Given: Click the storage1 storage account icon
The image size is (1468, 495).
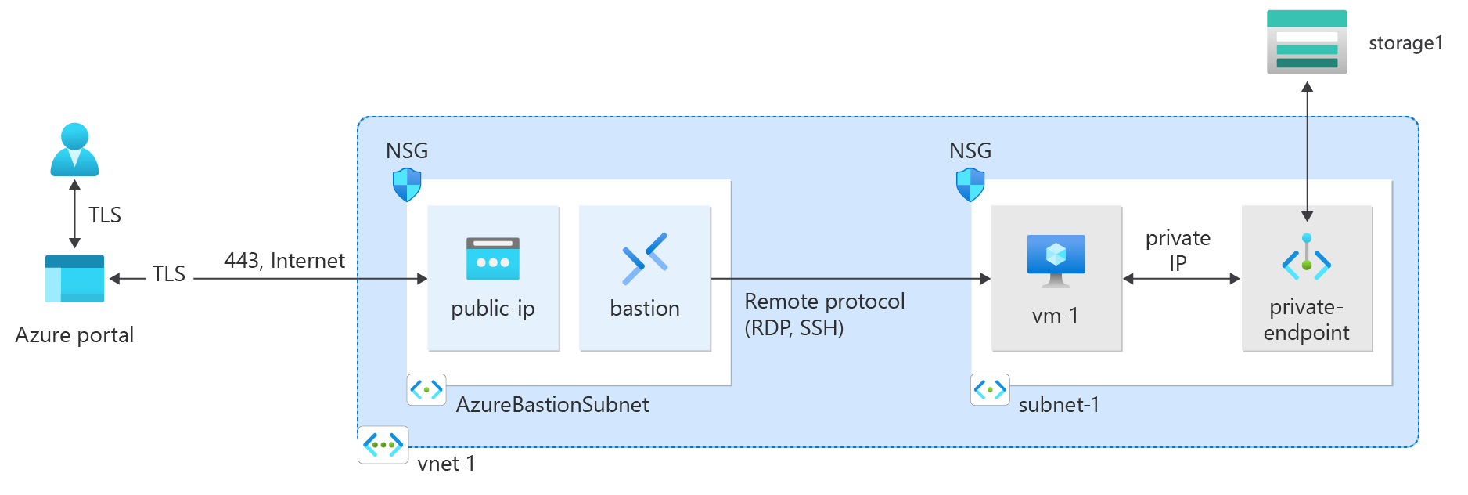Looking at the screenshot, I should [1306, 42].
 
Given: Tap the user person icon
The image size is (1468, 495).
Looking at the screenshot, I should [74, 150].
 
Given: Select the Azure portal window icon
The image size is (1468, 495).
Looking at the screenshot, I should [74, 278].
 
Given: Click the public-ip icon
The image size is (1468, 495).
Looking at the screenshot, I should [492, 259].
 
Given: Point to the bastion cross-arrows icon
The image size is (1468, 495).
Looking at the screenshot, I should [644, 258].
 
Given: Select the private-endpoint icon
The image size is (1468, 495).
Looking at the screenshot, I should [1306, 258].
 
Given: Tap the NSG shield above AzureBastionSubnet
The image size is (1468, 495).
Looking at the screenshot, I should [406, 185].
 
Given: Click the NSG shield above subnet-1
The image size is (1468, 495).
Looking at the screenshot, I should [970, 185].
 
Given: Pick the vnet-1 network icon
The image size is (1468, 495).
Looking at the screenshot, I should [383, 445].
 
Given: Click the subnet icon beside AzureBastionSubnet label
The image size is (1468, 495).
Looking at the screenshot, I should [426, 389].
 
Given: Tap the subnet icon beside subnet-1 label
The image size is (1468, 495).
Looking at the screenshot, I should [990, 389].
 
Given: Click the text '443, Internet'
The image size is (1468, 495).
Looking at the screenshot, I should [284, 260].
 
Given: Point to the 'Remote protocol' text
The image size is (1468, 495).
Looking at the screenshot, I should [824, 302].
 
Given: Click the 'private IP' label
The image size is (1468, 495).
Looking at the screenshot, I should [1178, 250].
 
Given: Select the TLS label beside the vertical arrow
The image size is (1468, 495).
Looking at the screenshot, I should [104, 215].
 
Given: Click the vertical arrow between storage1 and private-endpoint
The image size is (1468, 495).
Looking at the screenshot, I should [1307, 149].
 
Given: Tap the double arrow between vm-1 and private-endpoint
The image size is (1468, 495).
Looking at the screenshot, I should [1181, 278].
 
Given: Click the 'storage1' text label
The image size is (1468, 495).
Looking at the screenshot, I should [1405, 43].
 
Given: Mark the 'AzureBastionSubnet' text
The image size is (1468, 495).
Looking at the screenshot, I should [552, 405].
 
